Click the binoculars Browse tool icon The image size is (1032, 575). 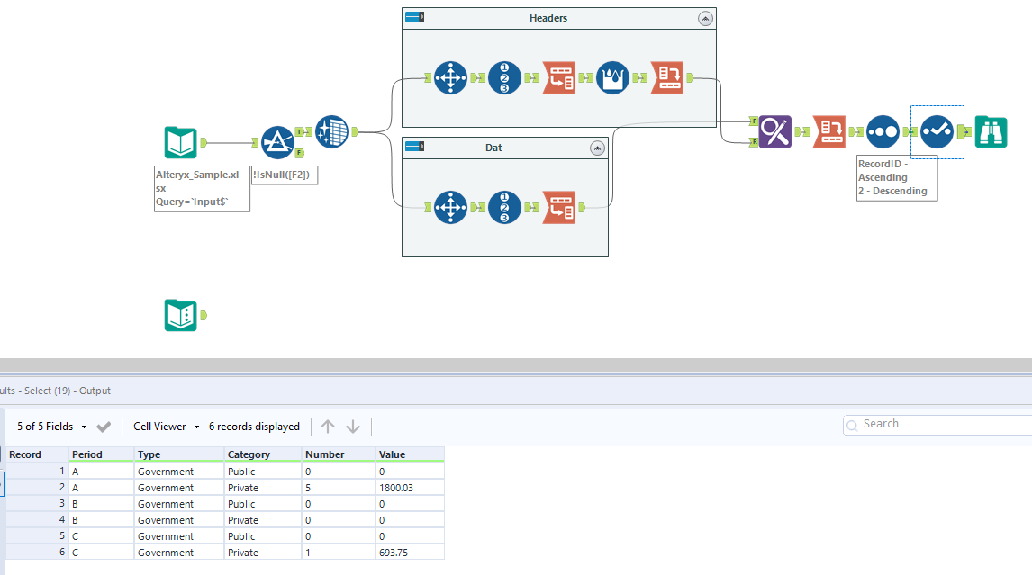tap(991, 131)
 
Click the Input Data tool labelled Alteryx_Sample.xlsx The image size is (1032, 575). tap(181, 142)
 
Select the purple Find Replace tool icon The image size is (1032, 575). tap(774, 131)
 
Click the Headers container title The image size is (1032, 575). tap(548, 18)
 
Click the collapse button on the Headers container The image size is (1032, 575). tap(705, 18)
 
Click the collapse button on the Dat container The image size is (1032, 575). tap(596, 148)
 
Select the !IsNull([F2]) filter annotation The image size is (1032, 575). tap(285, 175)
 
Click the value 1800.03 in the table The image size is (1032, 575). tap(397, 488)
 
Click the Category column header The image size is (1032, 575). tap(249, 454)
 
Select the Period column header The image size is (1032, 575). tap(87, 454)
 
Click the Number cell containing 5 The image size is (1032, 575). tap(309, 488)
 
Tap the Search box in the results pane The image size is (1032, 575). tap(935, 424)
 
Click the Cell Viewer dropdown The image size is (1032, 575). tap(166, 427)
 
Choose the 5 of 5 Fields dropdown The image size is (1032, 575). tap(52, 427)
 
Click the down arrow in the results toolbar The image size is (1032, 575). tap(353, 427)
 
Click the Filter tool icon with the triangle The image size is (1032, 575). tap(277, 142)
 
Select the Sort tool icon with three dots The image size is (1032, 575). tap(883, 131)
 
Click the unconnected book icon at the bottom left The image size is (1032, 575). tap(181, 315)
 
